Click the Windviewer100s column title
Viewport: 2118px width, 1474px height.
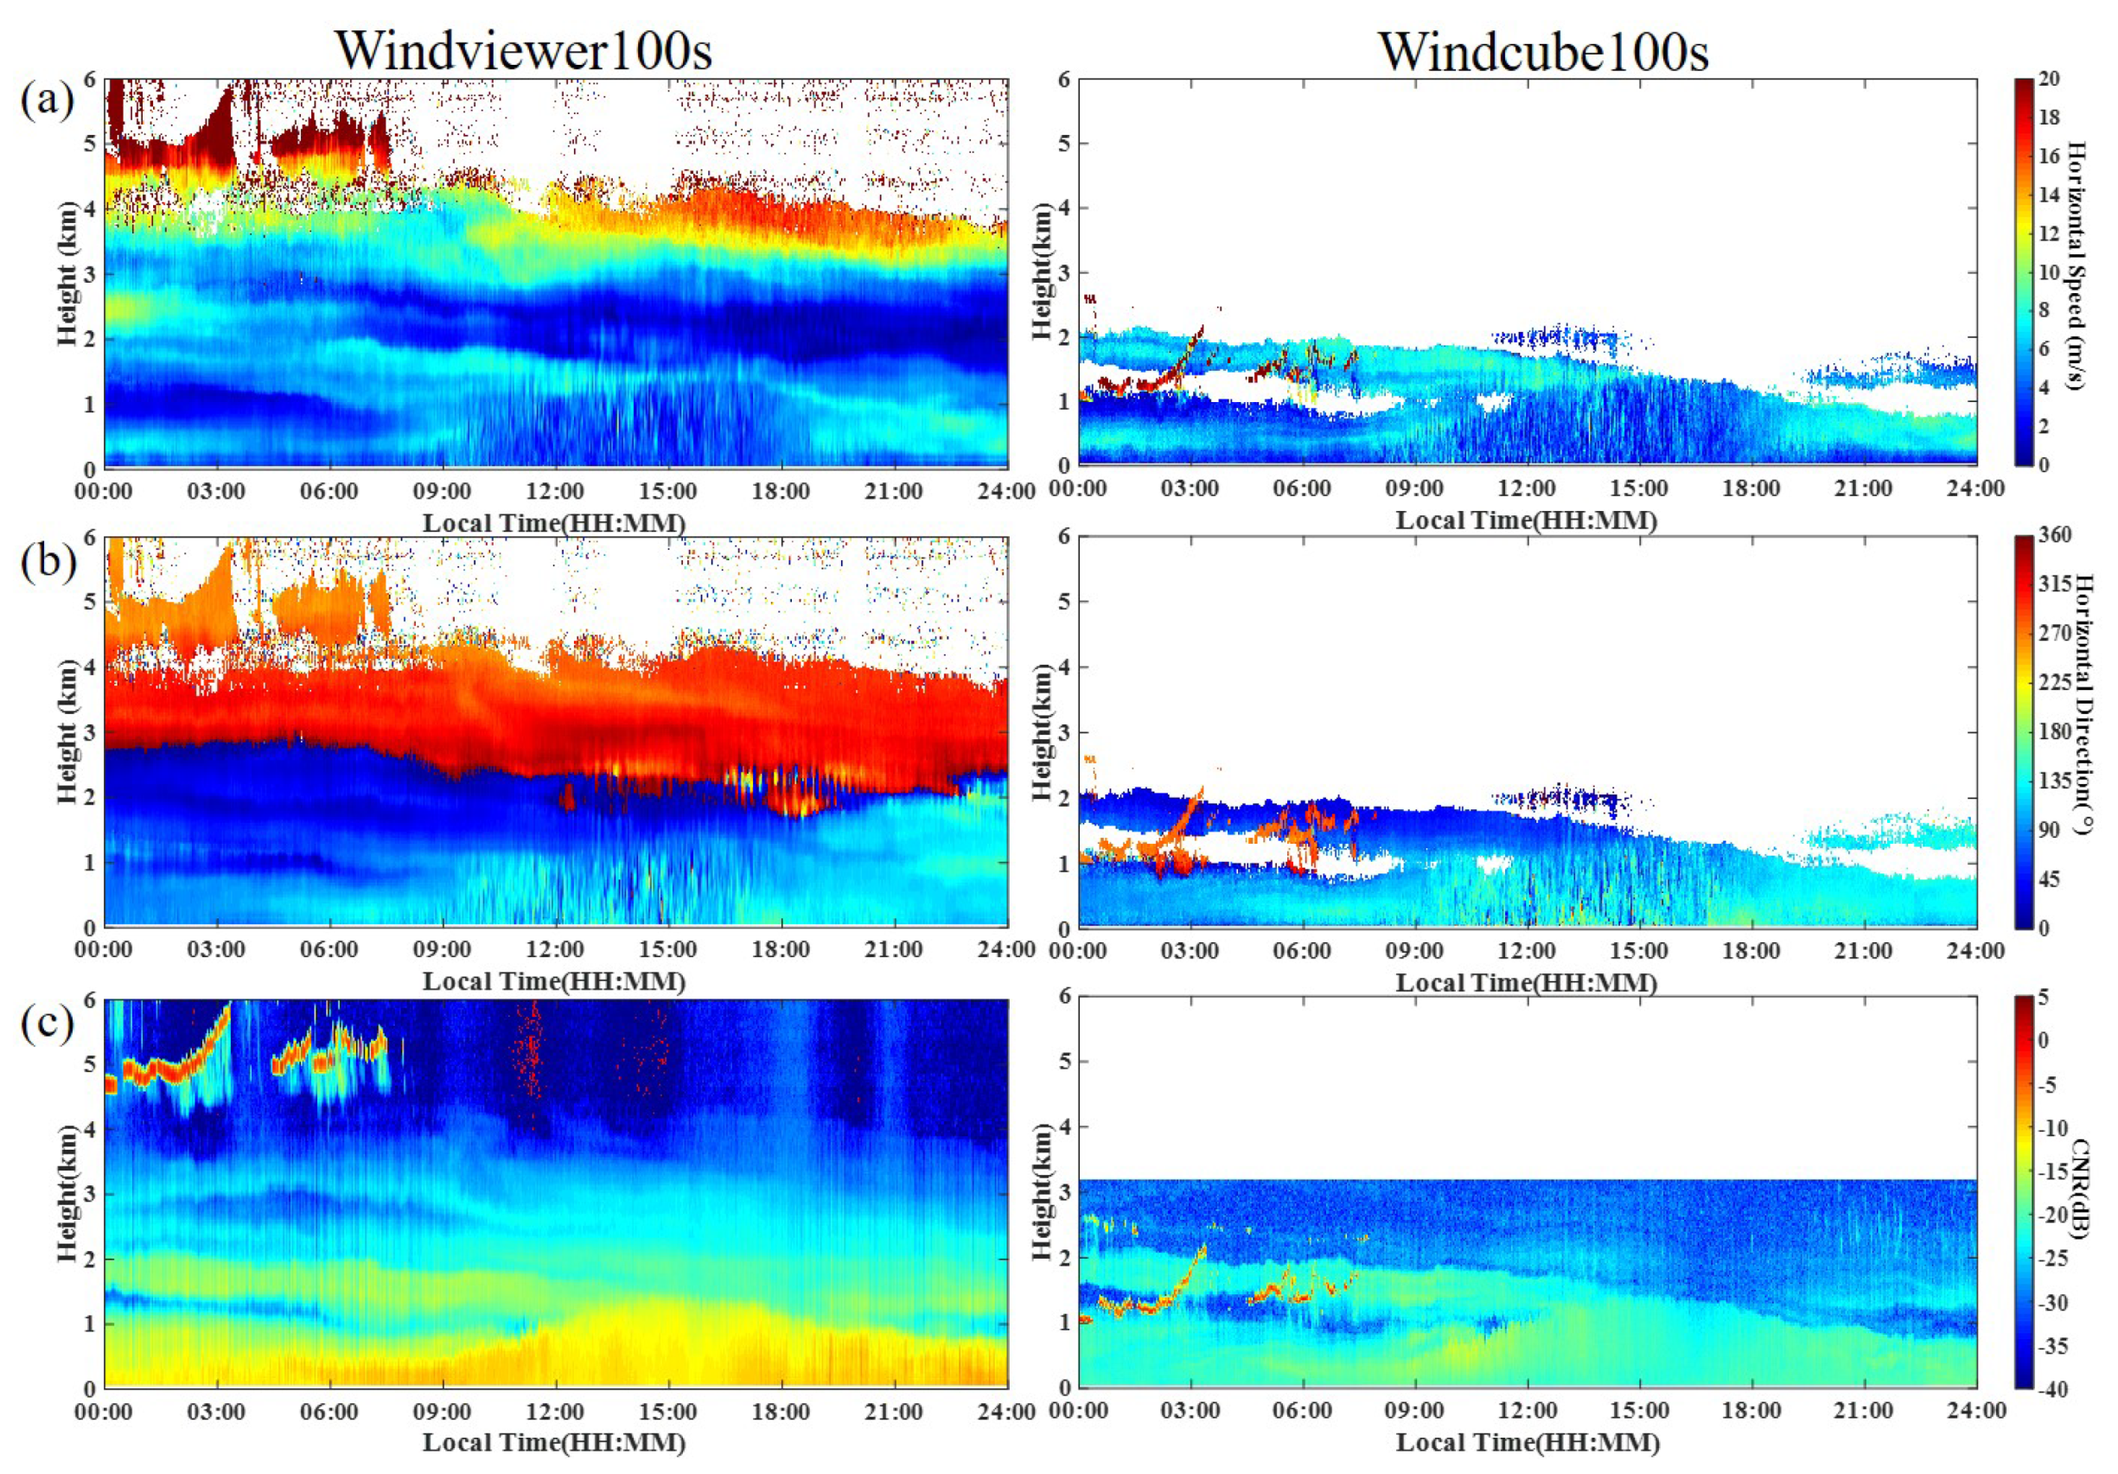523,50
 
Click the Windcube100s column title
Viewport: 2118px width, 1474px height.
1543,50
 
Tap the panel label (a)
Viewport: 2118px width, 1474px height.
46,99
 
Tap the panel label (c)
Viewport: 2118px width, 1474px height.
46,1022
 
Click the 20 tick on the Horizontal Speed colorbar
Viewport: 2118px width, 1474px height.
2049,80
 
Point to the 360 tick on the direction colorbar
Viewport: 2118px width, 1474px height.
2054,535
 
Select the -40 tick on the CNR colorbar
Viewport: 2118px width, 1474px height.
2052,1389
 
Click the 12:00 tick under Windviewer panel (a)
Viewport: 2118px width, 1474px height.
555,492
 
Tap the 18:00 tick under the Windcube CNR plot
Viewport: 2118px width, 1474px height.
1750,1411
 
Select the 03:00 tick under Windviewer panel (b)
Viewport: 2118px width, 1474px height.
216,950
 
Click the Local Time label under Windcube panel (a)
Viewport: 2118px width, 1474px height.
1527,520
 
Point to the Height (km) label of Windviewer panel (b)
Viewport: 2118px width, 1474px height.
67,731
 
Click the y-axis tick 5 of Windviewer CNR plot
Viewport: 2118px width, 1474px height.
90,1063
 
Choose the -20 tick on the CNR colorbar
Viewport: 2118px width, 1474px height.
2052,1215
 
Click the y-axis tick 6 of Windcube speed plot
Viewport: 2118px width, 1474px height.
1063,80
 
